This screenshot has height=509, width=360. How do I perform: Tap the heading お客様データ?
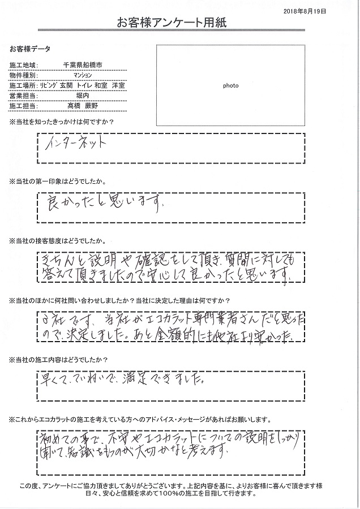25,49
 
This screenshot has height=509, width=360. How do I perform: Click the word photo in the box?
230,86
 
